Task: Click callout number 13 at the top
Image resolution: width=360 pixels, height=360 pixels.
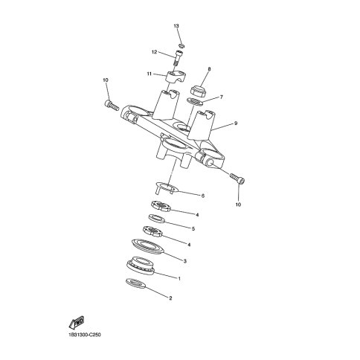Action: tap(176, 26)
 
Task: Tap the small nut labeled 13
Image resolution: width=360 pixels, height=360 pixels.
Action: tap(182, 45)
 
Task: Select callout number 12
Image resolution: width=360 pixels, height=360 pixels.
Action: tap(155, 52)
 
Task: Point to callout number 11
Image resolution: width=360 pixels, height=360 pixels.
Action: tap(150, 74)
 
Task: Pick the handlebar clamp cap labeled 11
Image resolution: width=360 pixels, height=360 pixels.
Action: tap(176, 77)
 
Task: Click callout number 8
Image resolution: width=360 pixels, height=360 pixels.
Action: tap(209, 69)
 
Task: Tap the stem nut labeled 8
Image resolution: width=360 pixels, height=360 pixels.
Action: tap(199, 91)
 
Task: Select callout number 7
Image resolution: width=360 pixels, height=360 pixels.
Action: tap(222, 97)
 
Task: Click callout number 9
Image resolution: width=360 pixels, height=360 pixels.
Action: tap(236, 123)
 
